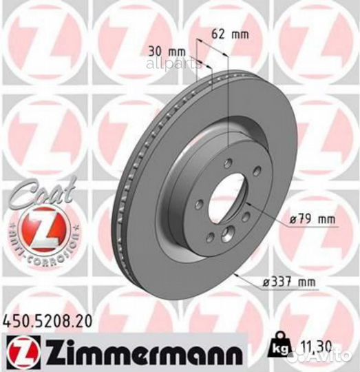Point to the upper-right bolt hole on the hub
pos(255,171)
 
